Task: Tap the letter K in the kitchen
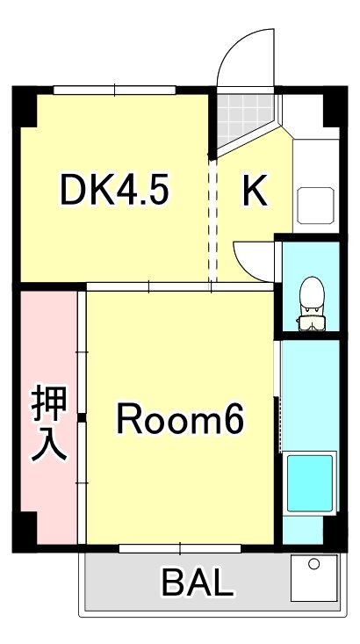click(255, 191)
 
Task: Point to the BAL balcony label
click(198, 582)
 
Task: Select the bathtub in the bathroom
click(311, 484)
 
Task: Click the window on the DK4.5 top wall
click(113, 89)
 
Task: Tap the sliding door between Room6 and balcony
click(180, 548)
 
